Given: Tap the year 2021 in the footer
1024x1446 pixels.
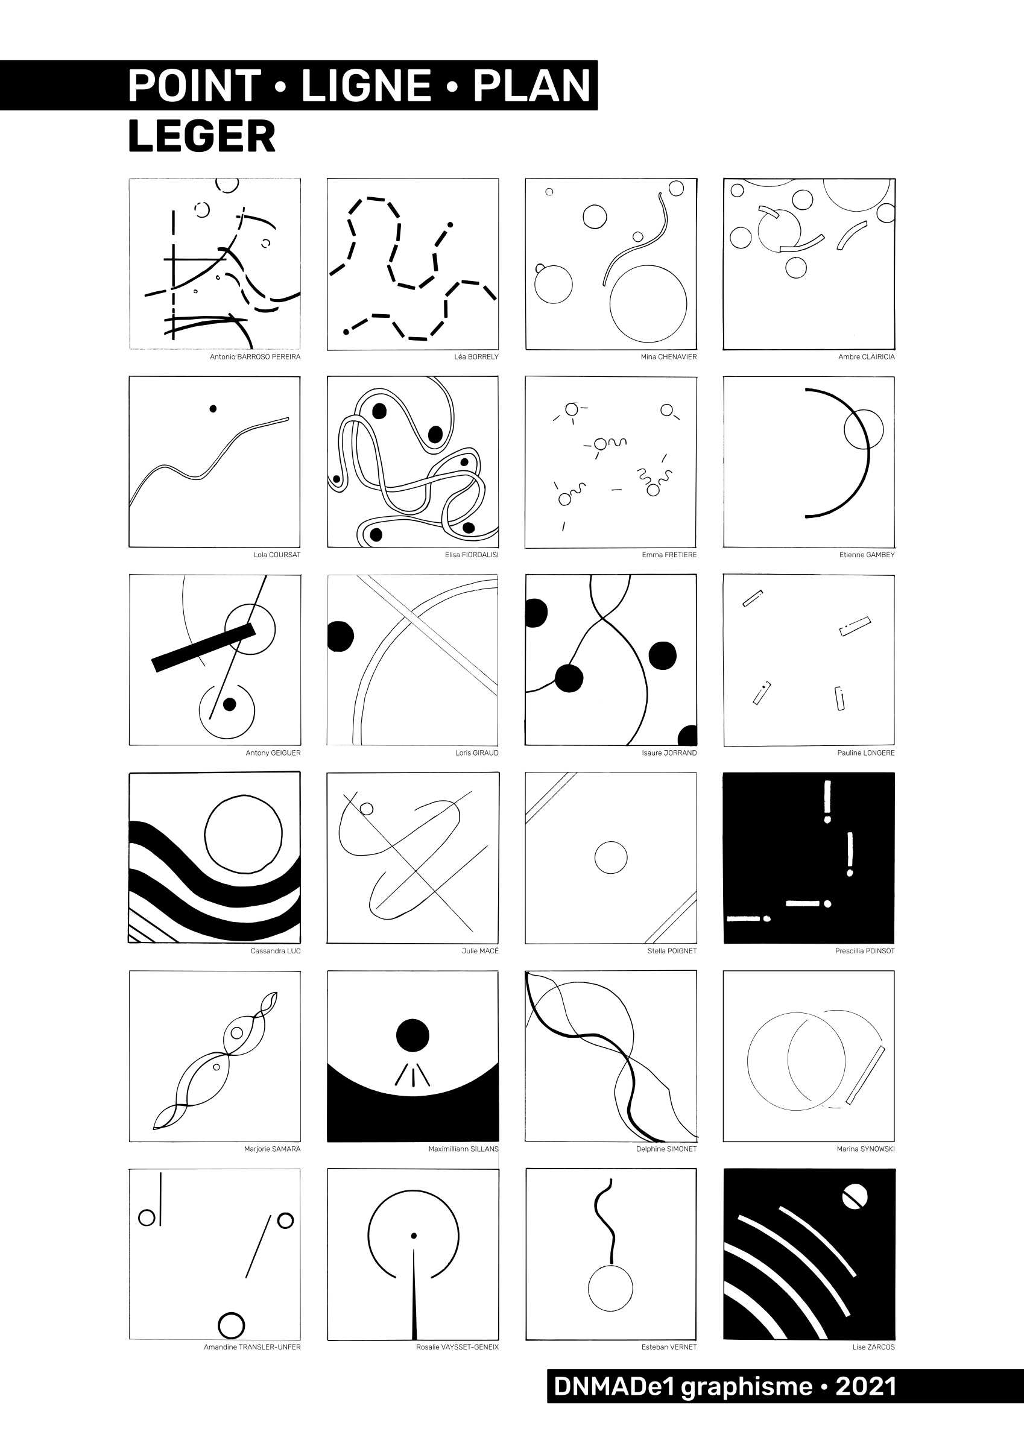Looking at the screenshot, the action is [x=866, y=1386].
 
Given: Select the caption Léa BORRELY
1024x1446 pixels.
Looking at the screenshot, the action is [x=476, y=357].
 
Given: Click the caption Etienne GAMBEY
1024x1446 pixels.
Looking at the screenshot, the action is [x=867, y=555].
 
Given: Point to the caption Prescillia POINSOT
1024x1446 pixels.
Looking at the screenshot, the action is [x=864, y=950].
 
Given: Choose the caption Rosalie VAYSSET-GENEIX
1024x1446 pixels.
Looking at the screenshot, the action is [x=457, y=1347].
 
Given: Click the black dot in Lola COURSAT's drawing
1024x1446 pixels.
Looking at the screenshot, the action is [x=213, y=408].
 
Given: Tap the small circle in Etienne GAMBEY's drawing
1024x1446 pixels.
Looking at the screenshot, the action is [x=864, y=429].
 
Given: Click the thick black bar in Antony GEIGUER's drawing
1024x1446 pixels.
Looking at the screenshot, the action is [x=204, y=648].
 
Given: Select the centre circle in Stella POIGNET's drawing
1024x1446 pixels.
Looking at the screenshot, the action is [x=611, y=857].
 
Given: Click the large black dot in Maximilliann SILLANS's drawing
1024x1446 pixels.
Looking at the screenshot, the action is [x=412, y=1035].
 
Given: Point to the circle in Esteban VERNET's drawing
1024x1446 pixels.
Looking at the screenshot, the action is [x=610, y=1289].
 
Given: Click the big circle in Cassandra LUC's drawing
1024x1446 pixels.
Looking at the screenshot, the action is [x=244, y=836].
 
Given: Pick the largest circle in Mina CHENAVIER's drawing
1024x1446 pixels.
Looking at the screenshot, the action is [x=648, y=304].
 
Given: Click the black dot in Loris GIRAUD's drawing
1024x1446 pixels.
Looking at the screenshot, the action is [x=341, y=636].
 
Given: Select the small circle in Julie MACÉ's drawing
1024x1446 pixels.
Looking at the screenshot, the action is [x=366, y=809].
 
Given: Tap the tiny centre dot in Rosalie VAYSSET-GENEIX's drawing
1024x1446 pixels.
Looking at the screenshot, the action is [x=414, y=1236].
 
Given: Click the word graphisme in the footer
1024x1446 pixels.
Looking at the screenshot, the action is [x=747, y=1388].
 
